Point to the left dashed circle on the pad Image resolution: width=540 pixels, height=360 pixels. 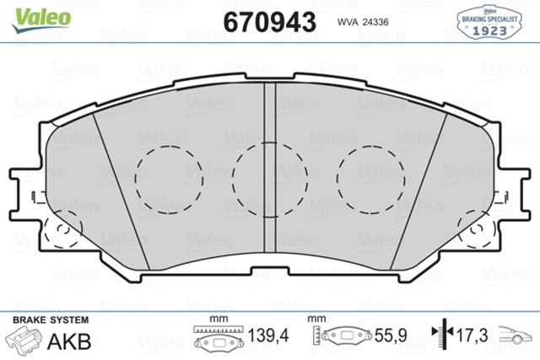pyautogui.click(x=163, y=174)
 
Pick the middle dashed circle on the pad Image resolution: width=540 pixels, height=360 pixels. pyautogui.click(x=267, y=178)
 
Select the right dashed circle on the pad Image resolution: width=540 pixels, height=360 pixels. pyautogui.click(x=370, y=174)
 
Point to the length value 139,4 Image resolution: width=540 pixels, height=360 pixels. pyautogui.click(x=268, y=337)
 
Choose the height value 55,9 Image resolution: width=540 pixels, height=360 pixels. pyautogui.click(x=391, y=337)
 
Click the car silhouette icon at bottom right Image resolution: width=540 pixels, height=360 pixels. pyautogui.click(x=517, y=336)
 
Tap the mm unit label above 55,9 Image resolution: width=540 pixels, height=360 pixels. pyautogui.click(x=316, y=319)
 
